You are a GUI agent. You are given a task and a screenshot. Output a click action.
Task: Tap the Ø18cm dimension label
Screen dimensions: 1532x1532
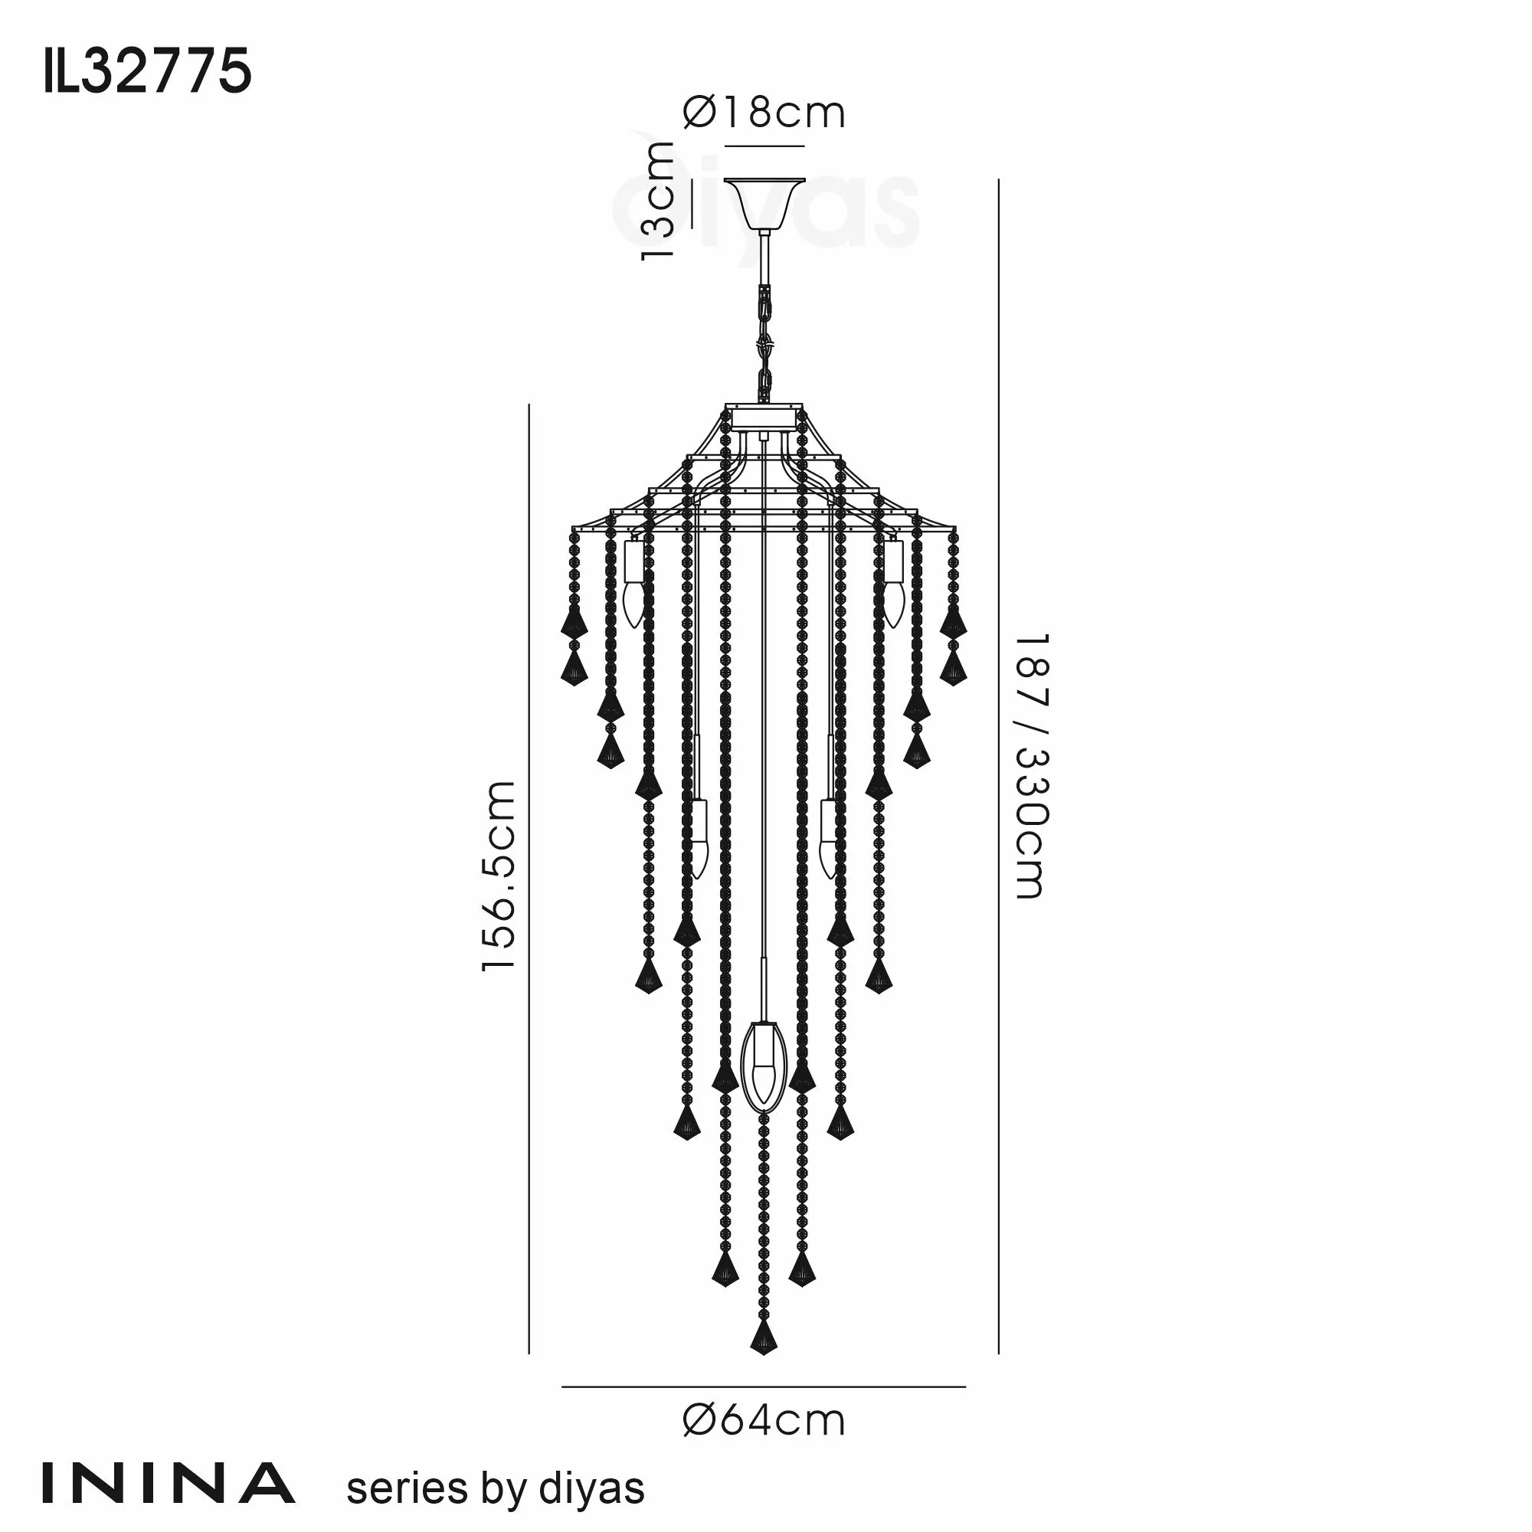764,113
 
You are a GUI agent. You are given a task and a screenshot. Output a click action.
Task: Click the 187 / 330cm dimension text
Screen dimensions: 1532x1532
1033,765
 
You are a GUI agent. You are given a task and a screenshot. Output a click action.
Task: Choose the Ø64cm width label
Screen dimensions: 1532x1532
764,1421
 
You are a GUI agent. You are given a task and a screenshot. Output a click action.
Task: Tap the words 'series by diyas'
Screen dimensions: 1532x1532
496,1488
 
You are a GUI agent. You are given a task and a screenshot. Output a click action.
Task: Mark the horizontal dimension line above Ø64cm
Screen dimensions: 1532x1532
764,1388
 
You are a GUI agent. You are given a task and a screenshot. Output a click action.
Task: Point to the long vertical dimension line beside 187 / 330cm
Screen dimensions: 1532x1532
998,765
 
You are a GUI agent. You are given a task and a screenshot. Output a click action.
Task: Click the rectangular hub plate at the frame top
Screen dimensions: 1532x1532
763,418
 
